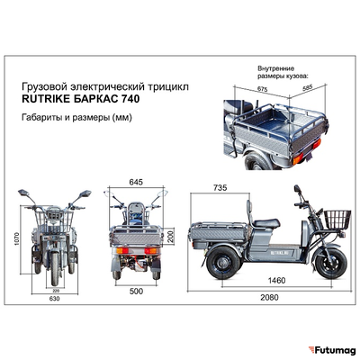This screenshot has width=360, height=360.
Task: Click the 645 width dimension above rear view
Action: click(136, 183)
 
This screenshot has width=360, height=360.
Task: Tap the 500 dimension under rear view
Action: click(136, 292)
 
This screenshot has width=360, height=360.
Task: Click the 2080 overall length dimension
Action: click(267, 296)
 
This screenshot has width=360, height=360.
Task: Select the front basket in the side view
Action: click(337, 219)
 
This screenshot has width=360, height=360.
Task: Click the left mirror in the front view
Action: click(22, 193)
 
